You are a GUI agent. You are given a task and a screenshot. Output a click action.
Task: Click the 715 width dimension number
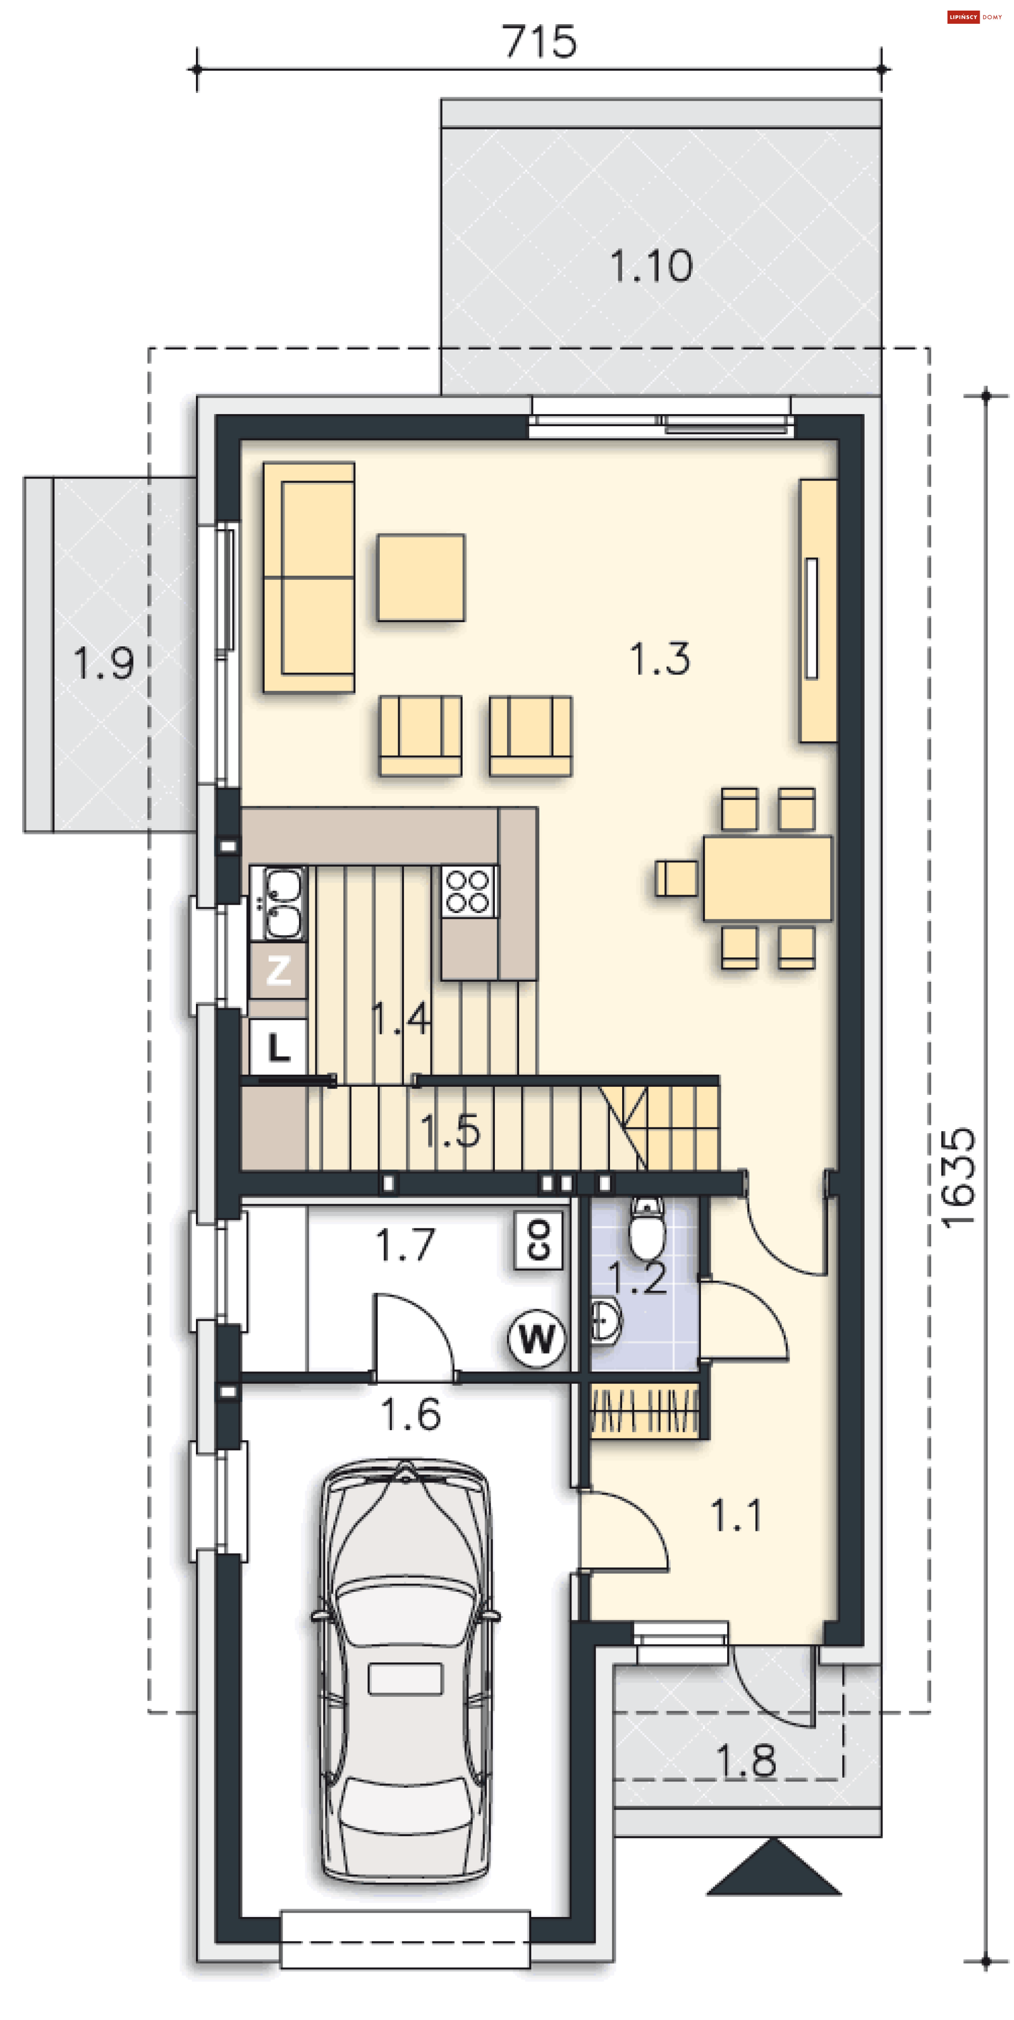(x=540, y=42)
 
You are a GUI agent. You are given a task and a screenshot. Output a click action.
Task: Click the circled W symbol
(x=537, y=1339)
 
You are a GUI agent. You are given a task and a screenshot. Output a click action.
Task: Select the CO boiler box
(x=539, y=1240)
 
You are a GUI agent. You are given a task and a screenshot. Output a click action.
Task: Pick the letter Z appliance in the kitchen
(x=278, y=970)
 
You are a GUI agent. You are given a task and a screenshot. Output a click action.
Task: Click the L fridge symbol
(x=278, y=1047)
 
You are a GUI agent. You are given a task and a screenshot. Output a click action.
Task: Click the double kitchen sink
(x=278, y=903)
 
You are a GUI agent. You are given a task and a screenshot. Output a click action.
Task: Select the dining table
(x=767, y=878)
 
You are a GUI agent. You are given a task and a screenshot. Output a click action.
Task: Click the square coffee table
(x=421, y=577)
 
